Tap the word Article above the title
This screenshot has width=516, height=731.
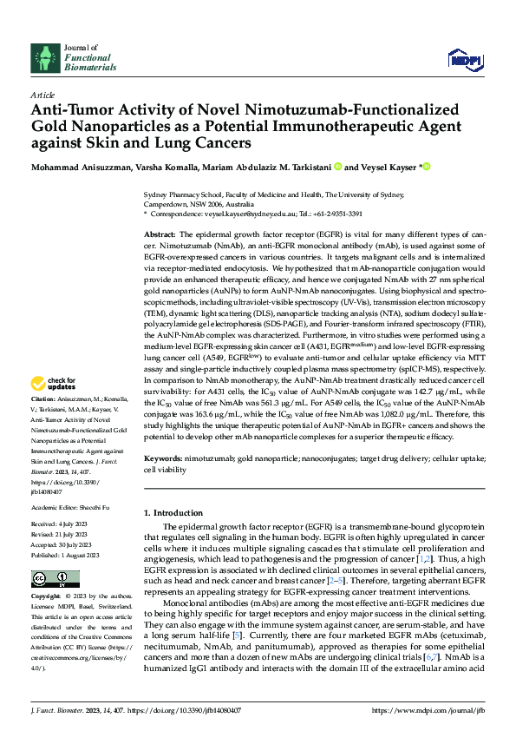tap(42, 94)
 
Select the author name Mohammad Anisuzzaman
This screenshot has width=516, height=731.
tap(82, 166)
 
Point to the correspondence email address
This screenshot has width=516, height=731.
tap(261, 213)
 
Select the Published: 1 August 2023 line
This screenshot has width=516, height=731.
tap(66, 554)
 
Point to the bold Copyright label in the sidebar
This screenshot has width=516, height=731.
tap(47, 597)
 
